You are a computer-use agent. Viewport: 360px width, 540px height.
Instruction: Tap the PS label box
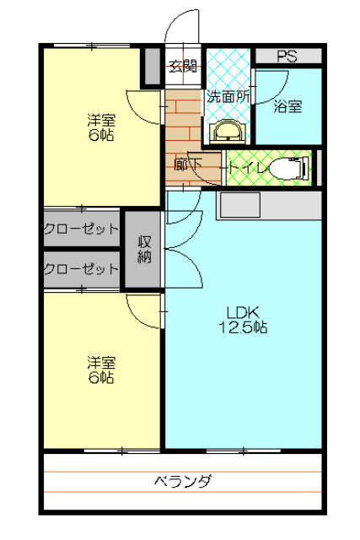pyautogui.click(x=287, y=57)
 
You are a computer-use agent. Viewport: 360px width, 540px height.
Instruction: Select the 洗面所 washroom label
pyautogui.click(x=228, y=96)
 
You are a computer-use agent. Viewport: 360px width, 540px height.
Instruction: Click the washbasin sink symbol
pyautogui.click(x=228, y=131)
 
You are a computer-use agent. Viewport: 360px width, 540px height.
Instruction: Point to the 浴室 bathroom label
pyautogui.click(x=287, y=107)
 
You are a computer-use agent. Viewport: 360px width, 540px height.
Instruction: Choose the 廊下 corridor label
pyautogui.click(x=188, y=165)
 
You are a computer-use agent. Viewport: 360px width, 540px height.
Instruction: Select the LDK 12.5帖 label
pyautogui.click(x=243, y=320)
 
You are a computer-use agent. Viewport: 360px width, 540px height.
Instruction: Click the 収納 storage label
pyautogui.click(x=144, y=249)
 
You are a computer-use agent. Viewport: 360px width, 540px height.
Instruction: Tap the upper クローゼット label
pyautogui.click(x=82, y=229)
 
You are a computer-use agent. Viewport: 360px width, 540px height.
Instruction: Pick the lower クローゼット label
pyautogui.click(x=82, y=270)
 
